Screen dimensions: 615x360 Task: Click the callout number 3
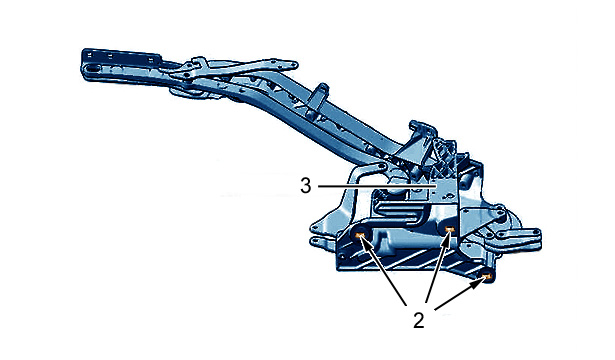coord(306,185)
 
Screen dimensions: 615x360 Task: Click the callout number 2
coord(418,320)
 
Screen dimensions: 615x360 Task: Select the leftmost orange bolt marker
coord(360,235)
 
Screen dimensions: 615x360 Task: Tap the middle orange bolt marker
coord(449,229)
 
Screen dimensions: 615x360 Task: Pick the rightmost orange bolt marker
coord(486,277)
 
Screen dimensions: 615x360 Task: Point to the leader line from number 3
coord(377,187)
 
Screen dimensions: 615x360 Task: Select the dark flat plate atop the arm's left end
coord(122,57)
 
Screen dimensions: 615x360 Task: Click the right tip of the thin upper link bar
coord(293,64)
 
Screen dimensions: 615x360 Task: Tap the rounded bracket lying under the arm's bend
coord(187,93)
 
